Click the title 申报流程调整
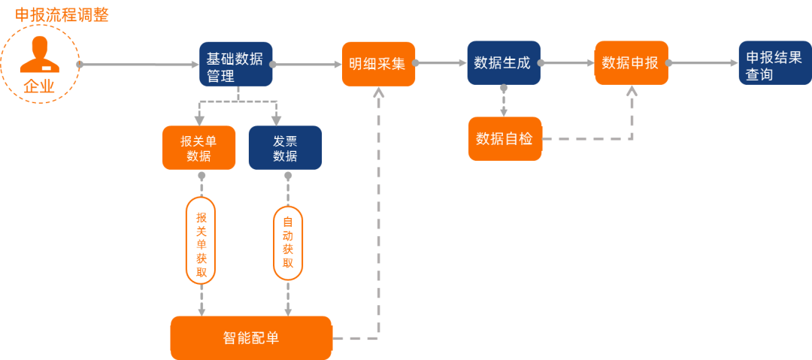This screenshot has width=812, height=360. (62, 14)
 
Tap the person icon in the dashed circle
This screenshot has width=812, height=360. (39, 54)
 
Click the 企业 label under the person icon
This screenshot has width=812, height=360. (39, 86)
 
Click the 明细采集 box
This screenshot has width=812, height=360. (377, 64)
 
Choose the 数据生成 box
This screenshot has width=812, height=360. (503, 62)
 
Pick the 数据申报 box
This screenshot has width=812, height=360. (631, 62)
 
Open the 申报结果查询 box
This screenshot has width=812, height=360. (774, 63)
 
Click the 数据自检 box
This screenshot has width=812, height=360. (504, 138)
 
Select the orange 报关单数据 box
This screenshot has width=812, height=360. (199, 147)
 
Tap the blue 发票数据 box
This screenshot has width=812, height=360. (285, 147)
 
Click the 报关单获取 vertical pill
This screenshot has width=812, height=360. (201, 241)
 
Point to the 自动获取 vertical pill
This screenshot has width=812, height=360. (287, 243)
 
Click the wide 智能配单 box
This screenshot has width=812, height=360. (251, 337)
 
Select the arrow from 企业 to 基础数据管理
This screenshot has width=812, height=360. (139, 65)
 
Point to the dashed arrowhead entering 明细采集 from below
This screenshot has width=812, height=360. (378, 92)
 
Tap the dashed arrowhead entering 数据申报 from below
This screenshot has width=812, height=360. (632, 90)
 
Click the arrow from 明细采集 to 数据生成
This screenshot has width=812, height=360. (441, 64)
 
